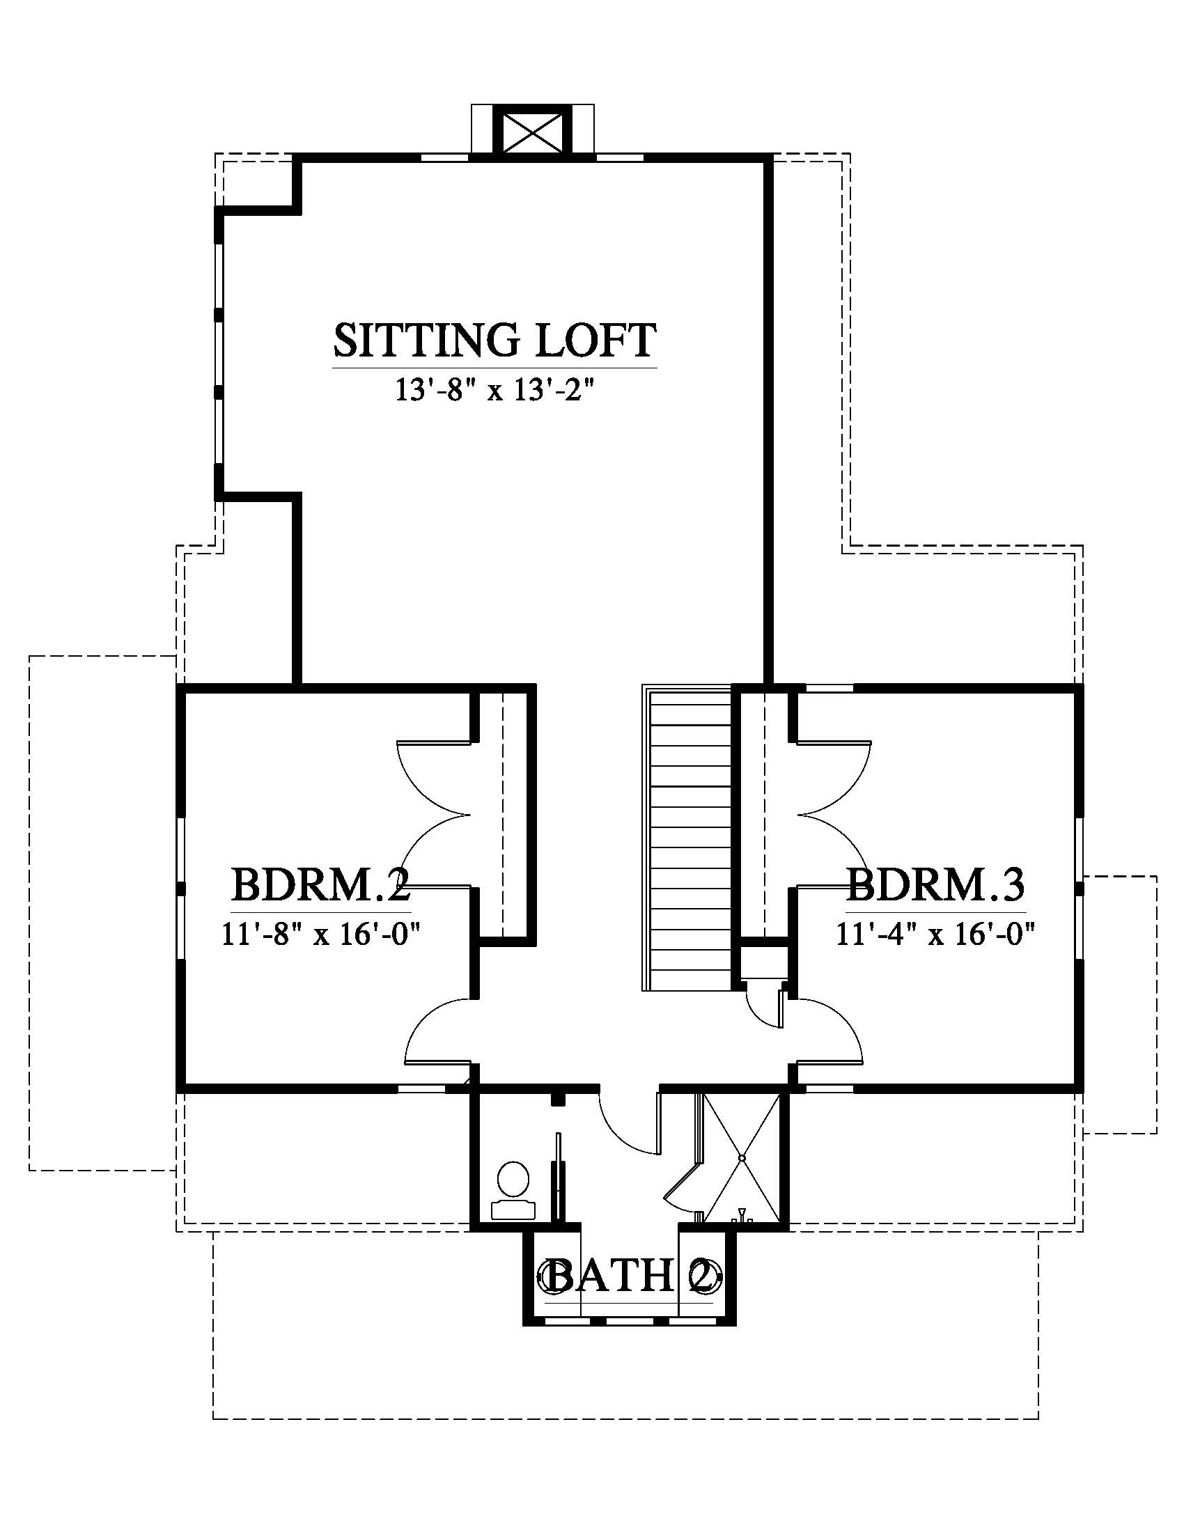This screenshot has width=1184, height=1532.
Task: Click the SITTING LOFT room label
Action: pyautogui.click(x=494, y=340)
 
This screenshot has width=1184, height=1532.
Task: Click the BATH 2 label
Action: pyautogui.click(x=629, y=1276)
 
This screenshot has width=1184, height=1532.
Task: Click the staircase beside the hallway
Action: pyautogui.click(x=687, y=838)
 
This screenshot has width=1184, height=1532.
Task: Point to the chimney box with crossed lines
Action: pyautogui.click(x=533, y=130)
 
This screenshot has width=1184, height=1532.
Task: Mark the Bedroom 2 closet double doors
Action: pyautogui.click(x=435, y=813)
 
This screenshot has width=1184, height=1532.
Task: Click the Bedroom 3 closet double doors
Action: pyautogui.click(x=834, y=813)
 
